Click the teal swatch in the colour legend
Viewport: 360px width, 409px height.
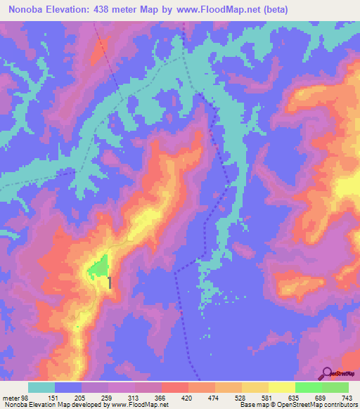tap(41, 387)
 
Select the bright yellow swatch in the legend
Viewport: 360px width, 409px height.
tap(281, 387)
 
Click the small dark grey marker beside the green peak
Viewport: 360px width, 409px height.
tap(110, 283)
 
